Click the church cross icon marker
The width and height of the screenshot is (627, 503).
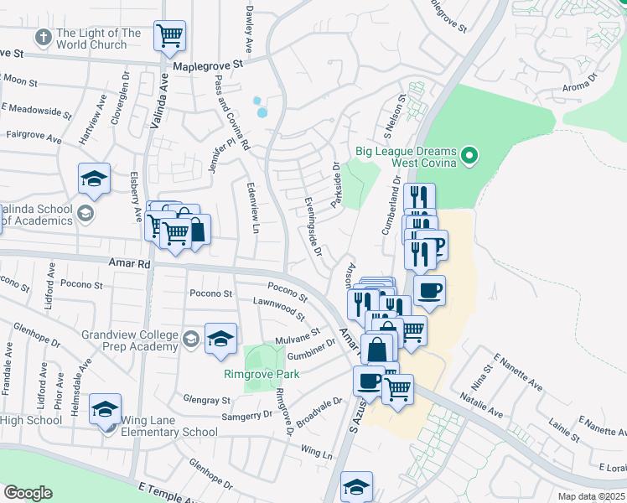coord(43,38)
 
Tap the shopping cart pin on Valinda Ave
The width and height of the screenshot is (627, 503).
coord(170,36)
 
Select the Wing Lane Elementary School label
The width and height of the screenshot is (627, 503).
coord(169,426)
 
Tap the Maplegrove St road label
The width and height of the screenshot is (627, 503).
coord(207,64)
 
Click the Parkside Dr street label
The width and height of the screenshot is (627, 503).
coord(337,189)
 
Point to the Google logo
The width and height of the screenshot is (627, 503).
coord(28,493)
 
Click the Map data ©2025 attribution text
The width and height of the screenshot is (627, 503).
coord(590,496)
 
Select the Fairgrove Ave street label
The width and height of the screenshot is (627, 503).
coord(34,136)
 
